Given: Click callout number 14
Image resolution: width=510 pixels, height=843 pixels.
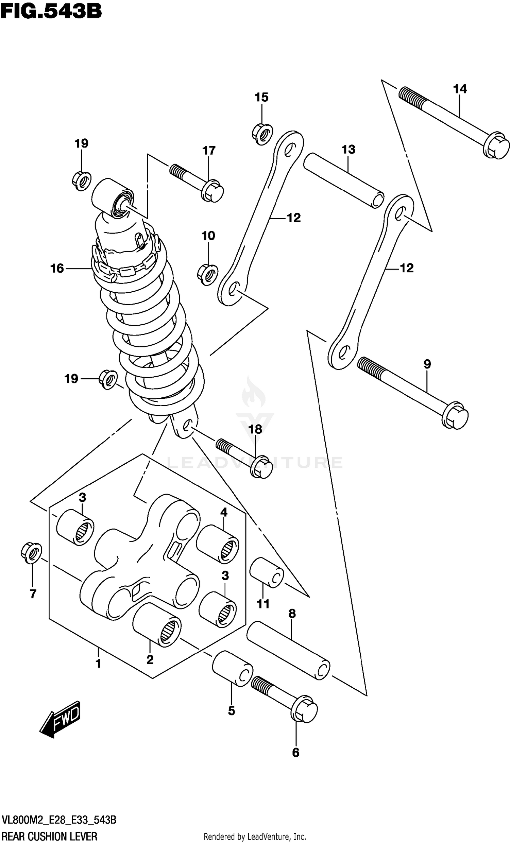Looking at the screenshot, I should click(x=460, y=89).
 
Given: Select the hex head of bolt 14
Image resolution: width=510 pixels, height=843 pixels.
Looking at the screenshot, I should click(x=496, y=146).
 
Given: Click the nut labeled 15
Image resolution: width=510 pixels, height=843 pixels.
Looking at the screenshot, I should click(x=262, y=134).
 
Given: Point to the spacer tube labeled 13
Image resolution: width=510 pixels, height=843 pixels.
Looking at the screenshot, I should click(x=343, y=180).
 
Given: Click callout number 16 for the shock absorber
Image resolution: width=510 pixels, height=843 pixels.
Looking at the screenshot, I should click(x=57, y=269).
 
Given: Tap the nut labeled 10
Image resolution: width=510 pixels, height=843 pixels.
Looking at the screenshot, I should click(x=208, y=274).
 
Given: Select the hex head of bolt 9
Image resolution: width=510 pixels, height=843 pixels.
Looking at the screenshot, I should click(x=455, y=416).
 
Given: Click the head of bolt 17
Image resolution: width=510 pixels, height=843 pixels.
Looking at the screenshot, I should click(x=213, y=191).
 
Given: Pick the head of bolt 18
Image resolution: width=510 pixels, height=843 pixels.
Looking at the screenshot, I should click(x=262, y=466).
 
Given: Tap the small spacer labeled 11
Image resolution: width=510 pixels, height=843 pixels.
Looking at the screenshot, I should click(x=266, y=573).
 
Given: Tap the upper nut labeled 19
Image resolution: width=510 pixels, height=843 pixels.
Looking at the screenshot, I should click(x=82, y=181).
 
